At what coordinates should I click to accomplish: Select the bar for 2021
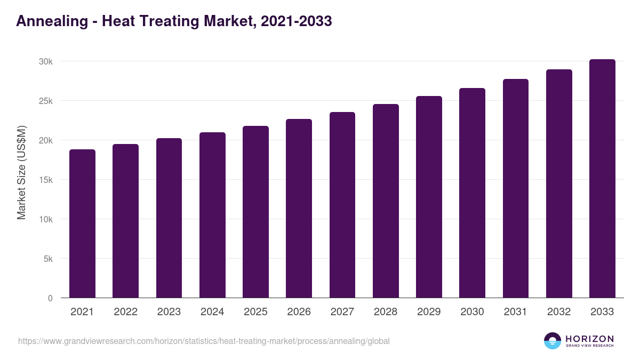pos(82,223)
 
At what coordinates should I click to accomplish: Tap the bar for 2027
pos(342,205)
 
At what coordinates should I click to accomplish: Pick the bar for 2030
pos(472,193)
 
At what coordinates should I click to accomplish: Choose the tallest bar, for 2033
pos(602,179)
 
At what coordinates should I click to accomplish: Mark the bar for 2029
pos(429,197)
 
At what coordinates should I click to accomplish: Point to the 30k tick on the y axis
pos(46,61)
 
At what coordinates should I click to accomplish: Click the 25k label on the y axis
pos(46,101)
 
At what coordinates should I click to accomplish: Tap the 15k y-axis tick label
pos(46,180)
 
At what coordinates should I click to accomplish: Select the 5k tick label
pos(48,259)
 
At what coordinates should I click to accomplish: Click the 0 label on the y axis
pos(50,298)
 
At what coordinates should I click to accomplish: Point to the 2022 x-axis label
pos(125,312)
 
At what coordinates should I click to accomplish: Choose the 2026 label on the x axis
pos(299,312)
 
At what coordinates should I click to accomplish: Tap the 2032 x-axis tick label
pos(559,312)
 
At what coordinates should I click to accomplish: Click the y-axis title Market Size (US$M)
pos(21,172)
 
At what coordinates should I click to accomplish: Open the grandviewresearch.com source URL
pos(204,341)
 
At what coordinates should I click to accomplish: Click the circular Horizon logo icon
pos(553,341)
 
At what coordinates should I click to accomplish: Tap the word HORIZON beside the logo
pos(589,339)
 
